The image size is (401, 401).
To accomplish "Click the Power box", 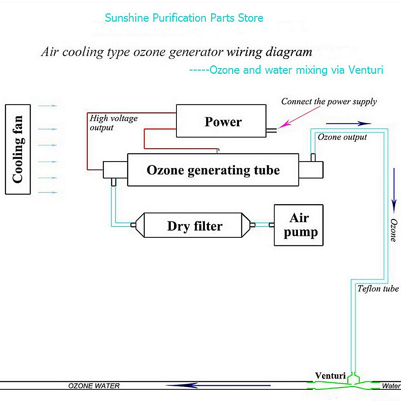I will point(223,122).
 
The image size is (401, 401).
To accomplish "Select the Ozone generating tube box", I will point(213,170).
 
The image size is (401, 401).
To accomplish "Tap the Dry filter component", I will point(194,226).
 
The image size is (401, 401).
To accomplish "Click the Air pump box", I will point(299,225).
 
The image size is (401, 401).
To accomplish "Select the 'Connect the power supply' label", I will point(329,101).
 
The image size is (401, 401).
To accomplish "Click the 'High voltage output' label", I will point(113,123).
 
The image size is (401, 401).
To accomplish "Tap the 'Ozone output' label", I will point(342,137).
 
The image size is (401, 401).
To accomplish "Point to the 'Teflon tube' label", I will point(378,289).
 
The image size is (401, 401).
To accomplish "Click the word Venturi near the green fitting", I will point(330,376).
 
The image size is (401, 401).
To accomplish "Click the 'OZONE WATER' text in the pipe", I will point(94,386).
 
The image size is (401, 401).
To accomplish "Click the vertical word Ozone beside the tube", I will point(394,230).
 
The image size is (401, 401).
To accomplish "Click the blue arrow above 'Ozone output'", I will point(348,124).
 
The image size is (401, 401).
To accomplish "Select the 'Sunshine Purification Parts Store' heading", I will point(184,18).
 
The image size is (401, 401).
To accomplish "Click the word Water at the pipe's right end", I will point(391,386).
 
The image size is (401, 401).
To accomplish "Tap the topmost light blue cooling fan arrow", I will point(48,106).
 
